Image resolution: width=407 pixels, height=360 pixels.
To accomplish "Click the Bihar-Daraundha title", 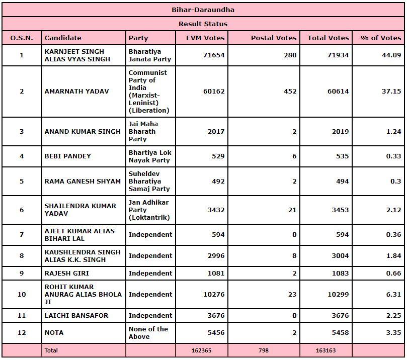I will [x=203, y=10].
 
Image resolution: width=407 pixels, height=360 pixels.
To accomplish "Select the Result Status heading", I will [x=203, y=24].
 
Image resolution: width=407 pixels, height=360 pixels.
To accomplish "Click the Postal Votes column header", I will [x=274, y=38].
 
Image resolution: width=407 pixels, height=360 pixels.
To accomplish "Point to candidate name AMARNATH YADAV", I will [x=69, y=92].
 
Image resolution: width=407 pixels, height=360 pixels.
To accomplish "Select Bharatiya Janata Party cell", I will [x=150, y=55].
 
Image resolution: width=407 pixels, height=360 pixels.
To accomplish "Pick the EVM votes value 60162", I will [x=214, y=92].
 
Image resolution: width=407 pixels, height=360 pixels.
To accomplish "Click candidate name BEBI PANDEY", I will [x=68, y=156].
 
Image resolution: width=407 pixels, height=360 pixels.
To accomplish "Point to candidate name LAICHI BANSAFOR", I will [x=76, y=315].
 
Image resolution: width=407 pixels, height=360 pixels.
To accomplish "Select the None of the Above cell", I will [x=148, y=332].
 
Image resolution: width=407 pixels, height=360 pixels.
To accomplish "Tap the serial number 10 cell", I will [x=22, y=294].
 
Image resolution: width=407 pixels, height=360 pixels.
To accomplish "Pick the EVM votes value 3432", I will [x=216, y=210].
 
